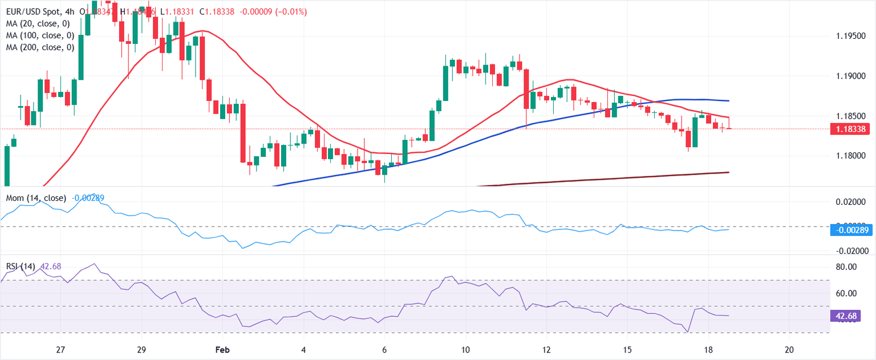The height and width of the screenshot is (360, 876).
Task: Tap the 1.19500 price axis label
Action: tap(850, 37)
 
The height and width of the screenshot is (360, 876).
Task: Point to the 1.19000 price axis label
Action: tap(850, 76)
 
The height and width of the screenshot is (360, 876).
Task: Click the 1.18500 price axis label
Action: tap(850, 116)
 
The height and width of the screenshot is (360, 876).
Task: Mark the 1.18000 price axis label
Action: tap(850, 156)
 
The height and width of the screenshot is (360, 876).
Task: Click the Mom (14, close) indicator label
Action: tap(36, 198)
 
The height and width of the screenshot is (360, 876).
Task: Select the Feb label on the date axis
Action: tap(223, 349)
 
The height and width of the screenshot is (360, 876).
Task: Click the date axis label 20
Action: tap(789, 349)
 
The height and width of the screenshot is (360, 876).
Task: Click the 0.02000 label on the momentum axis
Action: tap(850, 202)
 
